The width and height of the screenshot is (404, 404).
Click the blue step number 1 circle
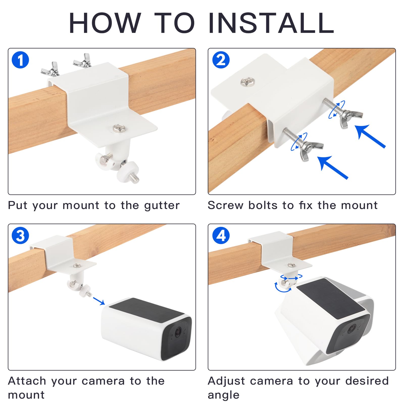[20, 60]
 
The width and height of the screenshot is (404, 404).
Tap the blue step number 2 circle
[221, 60]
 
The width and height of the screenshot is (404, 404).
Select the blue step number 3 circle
[20, 236]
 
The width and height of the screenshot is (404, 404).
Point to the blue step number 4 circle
[221, 236]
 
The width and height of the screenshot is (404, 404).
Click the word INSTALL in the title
[271, 23]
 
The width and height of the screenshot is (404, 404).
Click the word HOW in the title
[105, 23]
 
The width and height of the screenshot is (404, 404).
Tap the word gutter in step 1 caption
[162, 206]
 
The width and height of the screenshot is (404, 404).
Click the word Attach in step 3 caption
[27, 381]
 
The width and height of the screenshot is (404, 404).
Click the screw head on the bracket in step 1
[118, 128]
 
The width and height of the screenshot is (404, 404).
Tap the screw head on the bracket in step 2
[247, 82]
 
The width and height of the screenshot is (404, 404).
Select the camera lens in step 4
[351, 329]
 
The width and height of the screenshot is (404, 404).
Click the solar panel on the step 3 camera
[146, 310]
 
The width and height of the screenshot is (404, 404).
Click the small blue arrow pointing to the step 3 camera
[99, 301]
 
